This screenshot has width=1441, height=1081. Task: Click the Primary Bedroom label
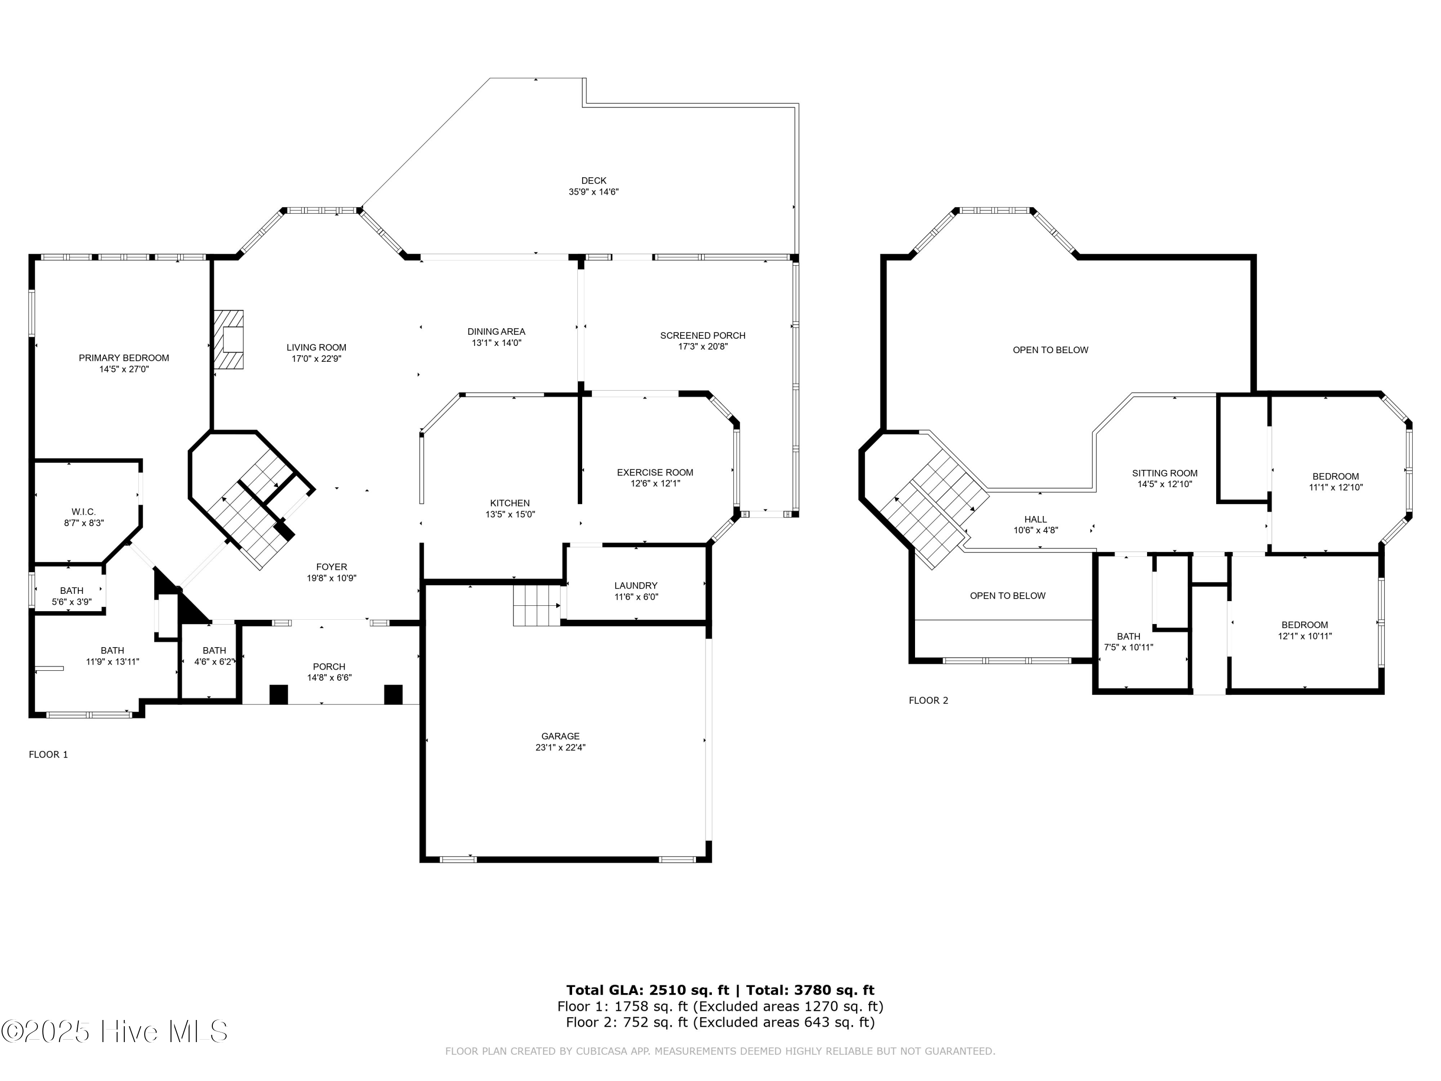click(x=124, y=358)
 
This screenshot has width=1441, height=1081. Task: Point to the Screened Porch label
click(x=702, y=335)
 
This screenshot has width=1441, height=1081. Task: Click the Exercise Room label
click(x=655, y=472)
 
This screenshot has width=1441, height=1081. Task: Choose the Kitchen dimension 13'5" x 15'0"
click(x=510, y=514)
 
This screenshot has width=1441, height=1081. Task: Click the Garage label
click(x=560, y=737)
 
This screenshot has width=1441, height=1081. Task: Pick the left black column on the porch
click(x=279, y=695)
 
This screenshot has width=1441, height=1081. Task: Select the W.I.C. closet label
click(x=84, y=512)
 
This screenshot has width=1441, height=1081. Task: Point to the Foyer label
click(x=331, y=567)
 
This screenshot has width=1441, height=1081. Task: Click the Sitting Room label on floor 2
click(x=1164, y=474)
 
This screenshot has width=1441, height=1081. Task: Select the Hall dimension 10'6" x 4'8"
click(x=1035, y=530)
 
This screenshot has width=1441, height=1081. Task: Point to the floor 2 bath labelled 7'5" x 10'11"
click(x=1128, y=642)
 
